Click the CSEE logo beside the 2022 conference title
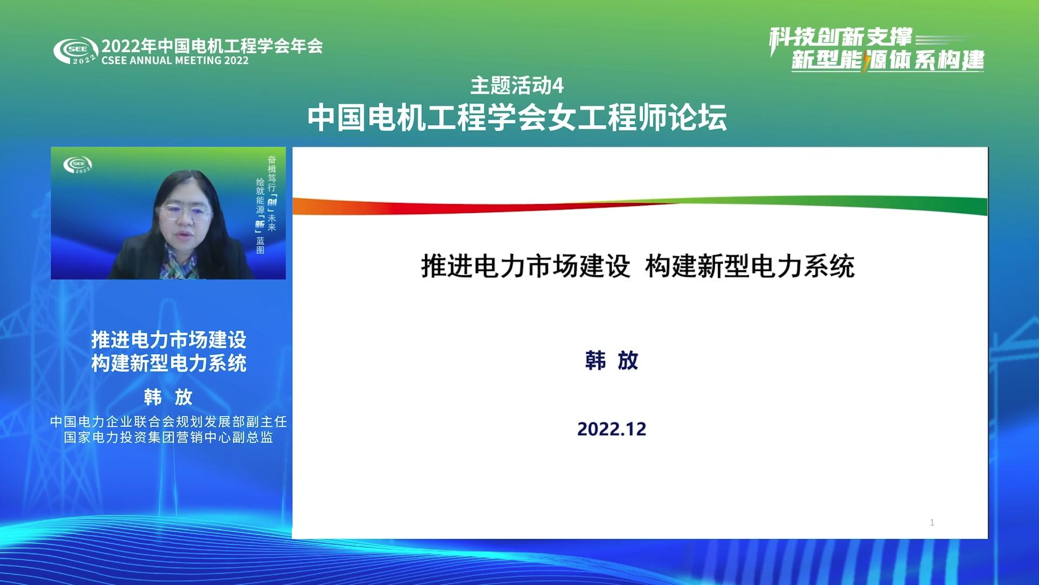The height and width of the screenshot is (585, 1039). (x=76, y=51)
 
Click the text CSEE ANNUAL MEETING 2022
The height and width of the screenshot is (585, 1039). (x=175, y=61)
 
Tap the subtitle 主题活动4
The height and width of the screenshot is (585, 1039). (x=517, y=86)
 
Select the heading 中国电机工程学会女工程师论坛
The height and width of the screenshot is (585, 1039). (x=517, y=117)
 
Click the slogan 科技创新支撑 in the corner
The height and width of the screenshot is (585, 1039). (x=841, y=38)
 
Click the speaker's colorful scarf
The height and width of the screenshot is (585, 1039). (x=180, y=265)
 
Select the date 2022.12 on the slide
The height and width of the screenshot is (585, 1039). (x=612, y=429)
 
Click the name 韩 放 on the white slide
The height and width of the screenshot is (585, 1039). (x=612, y=361)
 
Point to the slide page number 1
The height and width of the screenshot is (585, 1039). (x=932, y=522)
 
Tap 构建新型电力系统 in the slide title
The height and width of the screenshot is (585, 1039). (x=750, y=266)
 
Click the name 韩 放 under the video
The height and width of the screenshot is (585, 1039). (x=168, y=397)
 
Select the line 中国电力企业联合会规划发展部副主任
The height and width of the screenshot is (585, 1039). (x=168, y=421)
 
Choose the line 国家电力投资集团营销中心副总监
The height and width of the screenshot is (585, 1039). (x=168, y=437)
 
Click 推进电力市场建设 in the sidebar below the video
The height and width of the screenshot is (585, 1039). (x=168, y=340)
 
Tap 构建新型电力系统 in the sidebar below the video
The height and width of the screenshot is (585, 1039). (x=168, y=363)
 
